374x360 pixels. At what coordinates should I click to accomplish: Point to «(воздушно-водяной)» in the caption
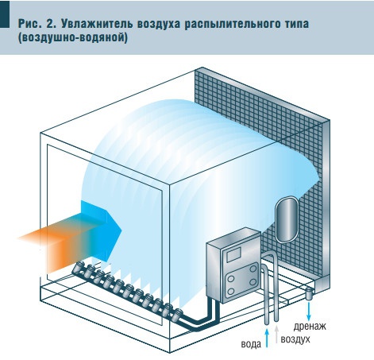[73, 37]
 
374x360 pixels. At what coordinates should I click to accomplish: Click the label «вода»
[251, 344]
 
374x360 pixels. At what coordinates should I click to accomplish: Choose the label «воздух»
[295, 339]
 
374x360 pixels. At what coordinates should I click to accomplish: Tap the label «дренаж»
[310, 327]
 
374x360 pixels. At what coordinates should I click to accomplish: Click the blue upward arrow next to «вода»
[267, 338]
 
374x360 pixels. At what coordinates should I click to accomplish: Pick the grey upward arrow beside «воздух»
[276, 333]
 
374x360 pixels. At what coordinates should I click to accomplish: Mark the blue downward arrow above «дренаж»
[308, 312]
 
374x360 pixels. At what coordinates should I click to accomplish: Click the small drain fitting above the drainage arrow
[309, 294]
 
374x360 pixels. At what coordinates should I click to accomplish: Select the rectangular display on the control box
[233, 255]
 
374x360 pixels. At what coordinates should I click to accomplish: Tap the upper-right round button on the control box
[253, 269]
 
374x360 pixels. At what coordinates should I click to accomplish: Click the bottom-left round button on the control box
[231, 291]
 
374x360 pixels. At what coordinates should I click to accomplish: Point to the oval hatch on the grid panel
[286, 219]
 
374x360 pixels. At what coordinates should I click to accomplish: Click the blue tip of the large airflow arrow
[109, 230]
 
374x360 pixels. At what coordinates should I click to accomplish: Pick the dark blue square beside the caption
[5, 14]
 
